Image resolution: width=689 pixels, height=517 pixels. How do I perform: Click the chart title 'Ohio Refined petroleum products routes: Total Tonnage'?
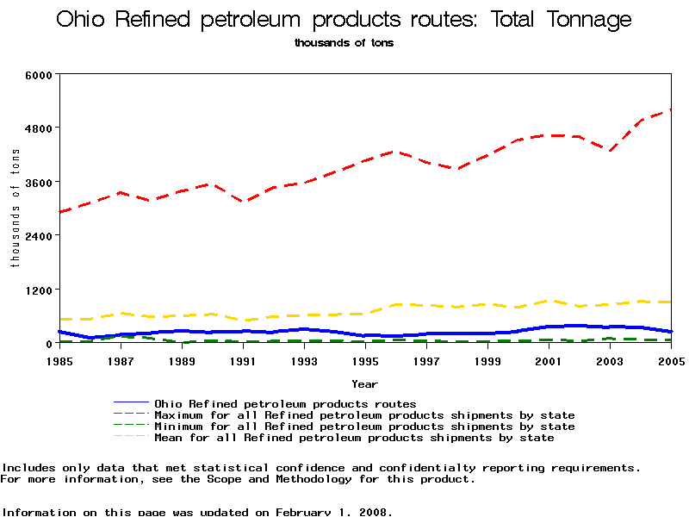coord(344,20)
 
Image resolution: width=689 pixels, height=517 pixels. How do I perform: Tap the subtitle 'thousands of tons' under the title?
coord(344,43)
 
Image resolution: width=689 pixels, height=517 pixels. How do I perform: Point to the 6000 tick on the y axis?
coord(40,74)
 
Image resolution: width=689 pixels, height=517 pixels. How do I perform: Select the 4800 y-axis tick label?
coord(40,128)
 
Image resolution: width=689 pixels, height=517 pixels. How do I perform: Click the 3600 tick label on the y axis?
coord(40,182)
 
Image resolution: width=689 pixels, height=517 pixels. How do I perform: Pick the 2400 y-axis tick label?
coord(40,235)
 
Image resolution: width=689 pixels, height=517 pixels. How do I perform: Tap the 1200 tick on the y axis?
coord(40,290)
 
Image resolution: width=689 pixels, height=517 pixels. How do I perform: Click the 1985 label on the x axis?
coord(59,360)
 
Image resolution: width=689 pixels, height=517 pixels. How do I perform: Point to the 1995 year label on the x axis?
coord(365,360)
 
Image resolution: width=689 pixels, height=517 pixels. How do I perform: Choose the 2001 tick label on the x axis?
coord(549,360)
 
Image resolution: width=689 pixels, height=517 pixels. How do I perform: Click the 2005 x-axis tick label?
coord(670,360)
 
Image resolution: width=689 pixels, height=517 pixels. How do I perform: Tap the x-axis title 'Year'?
coord(364,383)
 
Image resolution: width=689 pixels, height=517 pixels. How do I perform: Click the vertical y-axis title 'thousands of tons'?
coord(16,208)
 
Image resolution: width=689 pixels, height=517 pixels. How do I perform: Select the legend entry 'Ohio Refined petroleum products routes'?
coord(284,403)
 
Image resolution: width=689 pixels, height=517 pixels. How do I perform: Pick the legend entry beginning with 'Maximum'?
coord(363,415)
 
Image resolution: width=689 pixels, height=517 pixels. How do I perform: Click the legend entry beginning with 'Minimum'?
coord(363,427)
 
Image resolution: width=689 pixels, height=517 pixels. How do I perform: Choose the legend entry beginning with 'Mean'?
coord(353,438)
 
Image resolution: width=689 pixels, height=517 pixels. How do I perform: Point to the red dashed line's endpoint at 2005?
coord(670,109)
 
